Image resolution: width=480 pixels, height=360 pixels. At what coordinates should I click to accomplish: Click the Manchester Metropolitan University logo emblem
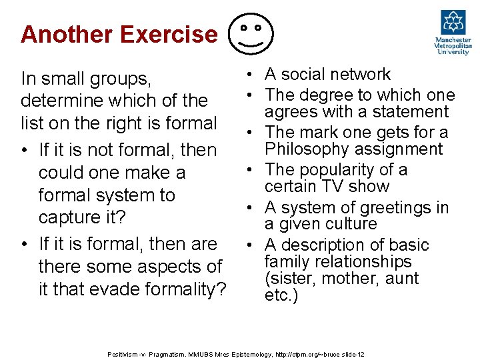[x=453, y=23]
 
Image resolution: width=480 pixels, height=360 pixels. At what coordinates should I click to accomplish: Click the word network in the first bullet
[x=359, y=74]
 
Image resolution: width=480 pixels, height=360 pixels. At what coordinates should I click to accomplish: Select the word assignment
[x=404, y=149]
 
